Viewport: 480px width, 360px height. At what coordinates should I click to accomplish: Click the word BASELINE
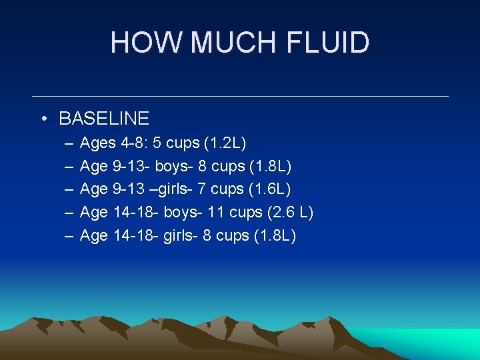[x=104, y=119]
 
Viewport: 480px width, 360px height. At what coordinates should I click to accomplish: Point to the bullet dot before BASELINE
[x=43, y=119]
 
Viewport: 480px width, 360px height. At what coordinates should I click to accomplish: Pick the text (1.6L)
[x=269, y=189]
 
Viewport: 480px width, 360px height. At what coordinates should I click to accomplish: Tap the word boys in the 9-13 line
[x=171, y=166]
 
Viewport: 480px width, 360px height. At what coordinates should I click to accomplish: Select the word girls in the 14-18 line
[x=178, y=236]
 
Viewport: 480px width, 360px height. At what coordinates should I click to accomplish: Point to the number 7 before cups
[x=203, y=189]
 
